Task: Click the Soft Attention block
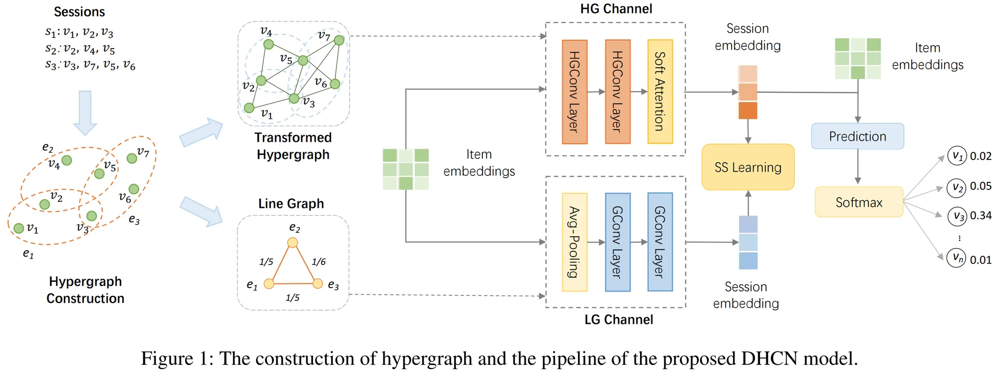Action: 660,92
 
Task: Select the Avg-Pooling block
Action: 574,242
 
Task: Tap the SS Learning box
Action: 748,167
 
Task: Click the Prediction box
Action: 857,136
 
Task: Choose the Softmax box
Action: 859,202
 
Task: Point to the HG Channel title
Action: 616,9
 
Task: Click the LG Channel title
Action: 618,320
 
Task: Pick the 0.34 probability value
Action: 980,216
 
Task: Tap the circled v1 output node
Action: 956,156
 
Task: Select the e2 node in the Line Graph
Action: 292,242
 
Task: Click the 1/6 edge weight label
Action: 318,262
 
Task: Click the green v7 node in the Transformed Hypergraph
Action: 339,40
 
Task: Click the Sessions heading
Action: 79,12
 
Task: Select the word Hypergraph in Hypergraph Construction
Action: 85,282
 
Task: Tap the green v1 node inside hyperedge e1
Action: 19,228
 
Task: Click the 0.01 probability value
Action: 980,260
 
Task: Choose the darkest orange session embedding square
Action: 748,111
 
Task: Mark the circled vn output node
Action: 956,257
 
